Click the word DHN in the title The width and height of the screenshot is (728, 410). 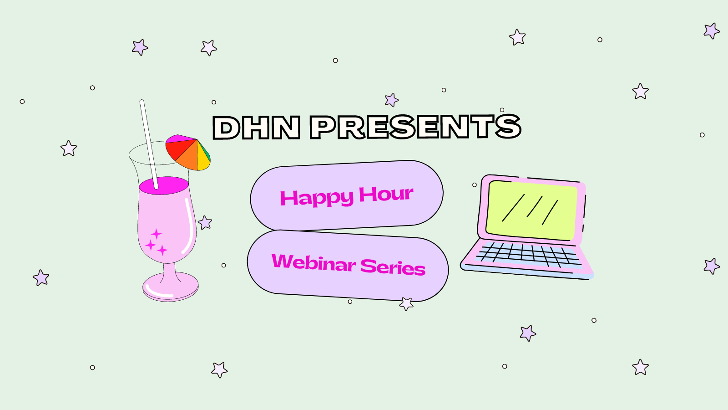click(257, 128)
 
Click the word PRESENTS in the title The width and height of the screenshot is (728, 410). click(416, 127)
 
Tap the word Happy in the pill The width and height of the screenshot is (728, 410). click(317, 197)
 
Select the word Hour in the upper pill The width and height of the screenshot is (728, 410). click(386, 194)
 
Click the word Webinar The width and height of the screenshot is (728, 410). click(313, 263)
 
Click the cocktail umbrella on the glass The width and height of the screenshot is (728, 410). click(188, 152)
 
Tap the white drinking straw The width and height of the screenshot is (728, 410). click(149, 144)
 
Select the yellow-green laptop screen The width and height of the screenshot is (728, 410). click(532, 210)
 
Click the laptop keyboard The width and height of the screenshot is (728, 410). click(528, 255)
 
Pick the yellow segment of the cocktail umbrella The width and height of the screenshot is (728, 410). click(203, 158)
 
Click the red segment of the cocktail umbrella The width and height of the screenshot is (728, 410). click(177, 149)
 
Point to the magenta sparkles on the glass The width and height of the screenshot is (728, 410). click(156, 243)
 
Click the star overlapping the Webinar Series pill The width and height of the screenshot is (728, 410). click(406, 303)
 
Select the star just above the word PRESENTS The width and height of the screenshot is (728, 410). click(392, 100)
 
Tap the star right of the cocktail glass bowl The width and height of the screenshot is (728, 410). click(205, 223)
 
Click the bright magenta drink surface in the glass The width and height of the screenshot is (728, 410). click(164, 186)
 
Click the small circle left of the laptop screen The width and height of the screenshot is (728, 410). click(475, 185)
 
